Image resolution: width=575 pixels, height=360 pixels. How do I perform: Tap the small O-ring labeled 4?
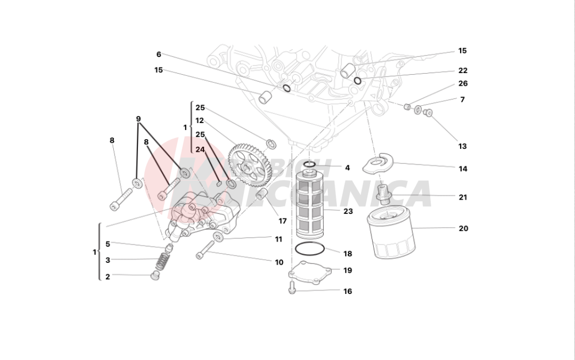pos(309,166)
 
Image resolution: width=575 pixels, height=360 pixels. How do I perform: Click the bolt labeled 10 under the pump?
pos(205,248)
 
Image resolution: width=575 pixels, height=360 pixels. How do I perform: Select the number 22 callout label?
pos(463,71)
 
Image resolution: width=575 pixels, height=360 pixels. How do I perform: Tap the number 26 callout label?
pos(463,84)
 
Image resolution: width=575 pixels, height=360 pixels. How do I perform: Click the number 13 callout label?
pos(463,146)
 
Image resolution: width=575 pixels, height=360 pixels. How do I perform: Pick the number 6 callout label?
pos(159,55)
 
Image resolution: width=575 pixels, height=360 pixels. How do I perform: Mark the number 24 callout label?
pos(200,149)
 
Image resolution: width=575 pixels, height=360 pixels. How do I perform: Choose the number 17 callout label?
pos(282,221)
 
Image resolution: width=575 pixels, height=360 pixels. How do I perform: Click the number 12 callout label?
pos(200,121)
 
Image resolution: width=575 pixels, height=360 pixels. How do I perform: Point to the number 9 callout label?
pos(139,119)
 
